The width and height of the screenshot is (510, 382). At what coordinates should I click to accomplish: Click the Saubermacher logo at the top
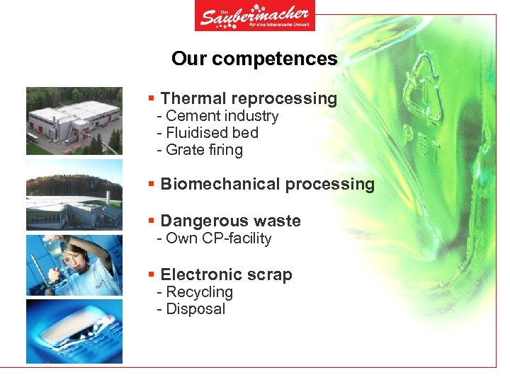point(254,16)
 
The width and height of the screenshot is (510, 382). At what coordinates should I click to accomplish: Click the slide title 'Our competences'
point(254,59)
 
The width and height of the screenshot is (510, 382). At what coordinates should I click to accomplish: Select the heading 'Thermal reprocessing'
point(249,98)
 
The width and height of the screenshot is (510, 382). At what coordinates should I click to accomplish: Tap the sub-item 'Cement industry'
point(222,116)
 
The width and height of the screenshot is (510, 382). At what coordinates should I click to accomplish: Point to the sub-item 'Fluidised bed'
point(212,133)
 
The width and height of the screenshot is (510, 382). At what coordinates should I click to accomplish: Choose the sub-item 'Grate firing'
point(204,150)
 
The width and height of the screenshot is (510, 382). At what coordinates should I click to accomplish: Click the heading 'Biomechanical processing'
point(267,184)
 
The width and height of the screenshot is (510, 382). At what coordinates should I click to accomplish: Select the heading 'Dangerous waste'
point(230,221)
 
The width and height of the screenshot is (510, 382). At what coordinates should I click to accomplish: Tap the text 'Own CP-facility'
point(218,238)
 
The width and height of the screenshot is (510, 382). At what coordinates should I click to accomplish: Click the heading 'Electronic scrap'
point(226,274)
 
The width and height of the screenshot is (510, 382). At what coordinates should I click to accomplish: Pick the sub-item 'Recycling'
point(199,292)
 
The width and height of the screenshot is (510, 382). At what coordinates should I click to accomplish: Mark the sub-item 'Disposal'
point(195,309)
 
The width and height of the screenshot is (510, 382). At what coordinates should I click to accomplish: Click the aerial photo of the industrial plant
point(74,121)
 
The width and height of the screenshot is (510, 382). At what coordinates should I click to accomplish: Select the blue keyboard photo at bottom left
point(74,331)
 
